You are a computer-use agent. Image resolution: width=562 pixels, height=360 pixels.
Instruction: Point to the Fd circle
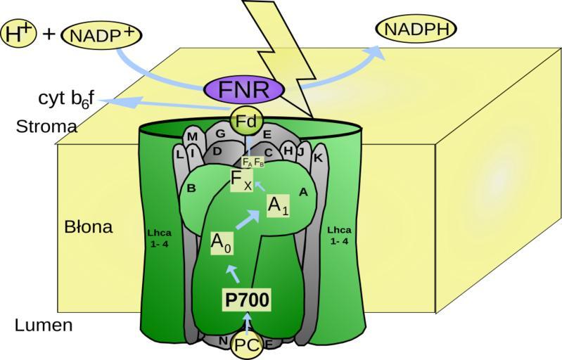245,122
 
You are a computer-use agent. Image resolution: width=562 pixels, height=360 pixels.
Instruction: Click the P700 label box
247,300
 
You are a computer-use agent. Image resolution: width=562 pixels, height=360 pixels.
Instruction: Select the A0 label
222,242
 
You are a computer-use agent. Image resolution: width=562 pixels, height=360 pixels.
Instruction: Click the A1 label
277,205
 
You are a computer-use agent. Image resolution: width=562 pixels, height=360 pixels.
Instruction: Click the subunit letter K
318,158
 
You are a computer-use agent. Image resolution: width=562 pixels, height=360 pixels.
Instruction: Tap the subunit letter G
220,133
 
